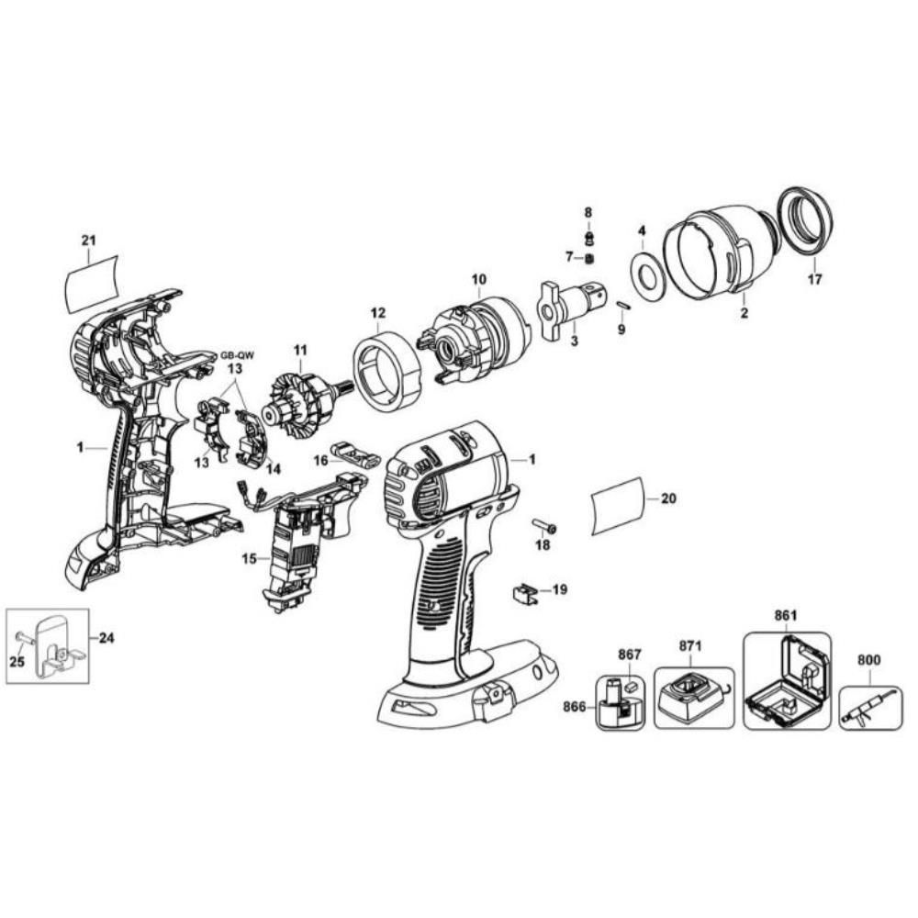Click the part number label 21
coord(88,241)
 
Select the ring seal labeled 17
coord(805,222)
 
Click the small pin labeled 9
coord(621,306)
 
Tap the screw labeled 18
coord(544,526)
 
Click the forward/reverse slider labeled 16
coord(354,454)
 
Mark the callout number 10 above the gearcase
coord(478,278)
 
